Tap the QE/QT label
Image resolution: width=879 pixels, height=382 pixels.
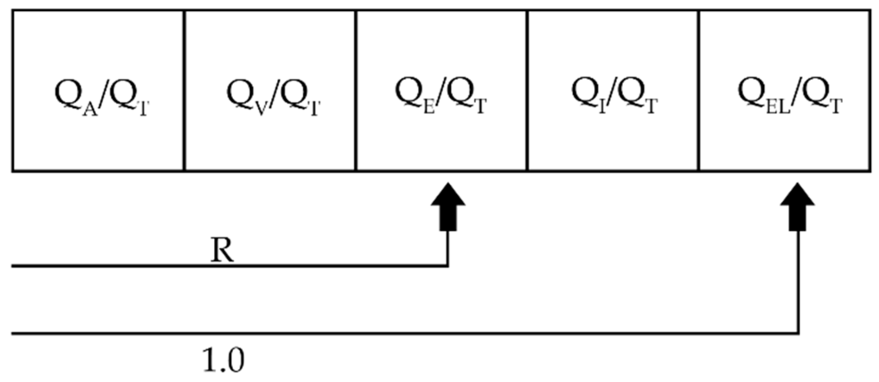[x=441, y=95]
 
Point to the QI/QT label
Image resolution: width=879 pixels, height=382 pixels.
[x=614, y=95]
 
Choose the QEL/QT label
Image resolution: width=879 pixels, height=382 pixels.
[x=790, y=95]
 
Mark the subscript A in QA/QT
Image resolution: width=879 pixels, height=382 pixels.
[x=90, y=109]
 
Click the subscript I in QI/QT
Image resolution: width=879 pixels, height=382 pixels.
[x=602, y=108]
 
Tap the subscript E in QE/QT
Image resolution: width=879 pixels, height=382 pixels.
[x=429, y=108]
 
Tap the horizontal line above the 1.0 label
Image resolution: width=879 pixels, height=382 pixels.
[x=401, y=333]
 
